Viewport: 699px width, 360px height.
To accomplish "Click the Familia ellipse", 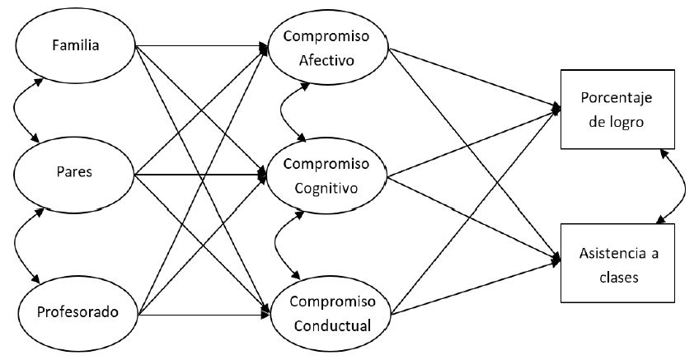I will [75, 44].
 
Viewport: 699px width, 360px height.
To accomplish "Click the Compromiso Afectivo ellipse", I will [327, 48].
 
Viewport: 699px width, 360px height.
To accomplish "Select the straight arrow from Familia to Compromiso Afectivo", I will [202, 44].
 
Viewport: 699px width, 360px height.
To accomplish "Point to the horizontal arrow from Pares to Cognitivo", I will [202, 175].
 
